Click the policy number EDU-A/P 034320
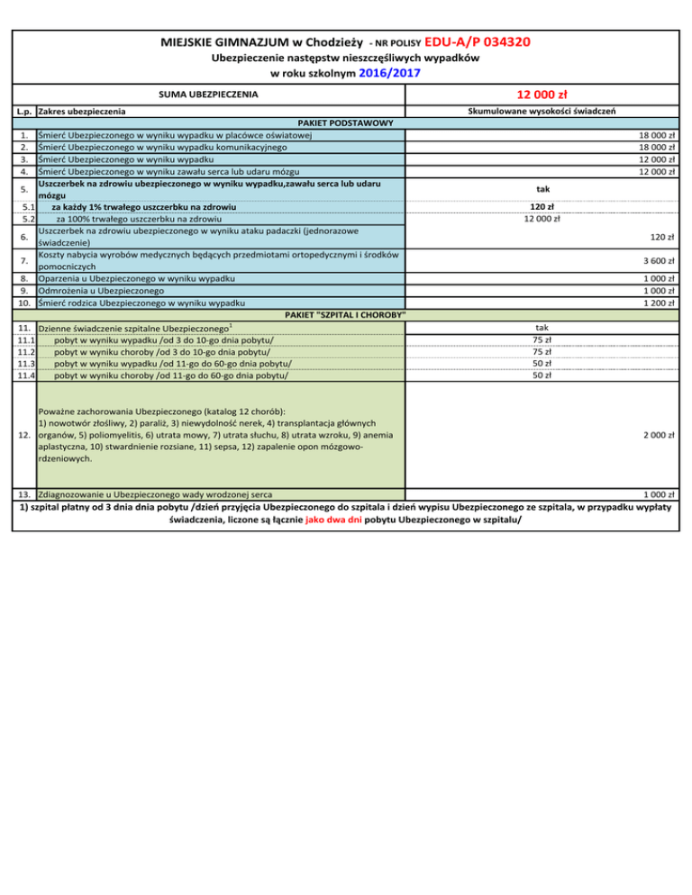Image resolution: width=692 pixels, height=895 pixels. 476,41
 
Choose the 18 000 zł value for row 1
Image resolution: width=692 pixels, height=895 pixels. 657,134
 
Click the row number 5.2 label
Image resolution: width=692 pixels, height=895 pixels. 27,218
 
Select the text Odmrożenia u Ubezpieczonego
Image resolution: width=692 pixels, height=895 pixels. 100,291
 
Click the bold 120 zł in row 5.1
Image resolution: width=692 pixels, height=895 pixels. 542,206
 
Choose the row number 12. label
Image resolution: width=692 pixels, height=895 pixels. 24,435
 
